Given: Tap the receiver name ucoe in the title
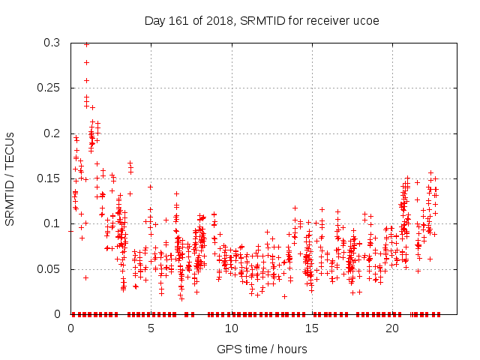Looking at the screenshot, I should point(366,19).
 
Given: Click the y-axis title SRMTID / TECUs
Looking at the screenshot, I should point(10,178).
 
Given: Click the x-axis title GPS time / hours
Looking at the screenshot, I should point(262,349).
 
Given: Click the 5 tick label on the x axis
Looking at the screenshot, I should point(151,328).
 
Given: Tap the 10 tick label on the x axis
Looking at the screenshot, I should point(231,328).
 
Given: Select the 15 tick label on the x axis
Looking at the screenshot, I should point(311,328).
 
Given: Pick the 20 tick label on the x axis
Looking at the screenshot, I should point(391,328).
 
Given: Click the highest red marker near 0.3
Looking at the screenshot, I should point(87,44).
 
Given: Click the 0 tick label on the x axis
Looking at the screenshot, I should point(70,328).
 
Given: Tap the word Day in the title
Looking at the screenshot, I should point(154,19).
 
